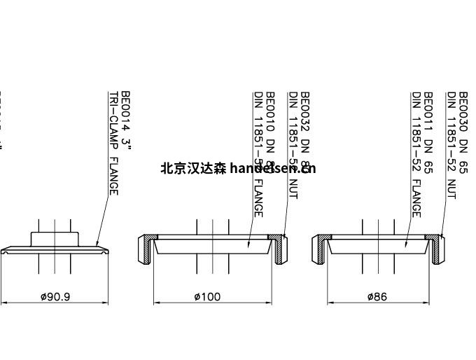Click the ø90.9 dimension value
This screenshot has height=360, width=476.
55,296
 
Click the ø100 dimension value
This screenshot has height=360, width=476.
207,296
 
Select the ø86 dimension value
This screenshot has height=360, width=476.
377,296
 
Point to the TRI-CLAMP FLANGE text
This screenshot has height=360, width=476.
113,144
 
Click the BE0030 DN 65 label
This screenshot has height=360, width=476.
463,132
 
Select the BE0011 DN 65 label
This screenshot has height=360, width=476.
428,132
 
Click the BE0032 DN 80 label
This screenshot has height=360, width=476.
305,132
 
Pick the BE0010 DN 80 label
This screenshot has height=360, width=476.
270,132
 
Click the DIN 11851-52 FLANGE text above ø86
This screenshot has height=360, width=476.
416,154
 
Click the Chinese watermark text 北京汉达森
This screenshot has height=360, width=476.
193,168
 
